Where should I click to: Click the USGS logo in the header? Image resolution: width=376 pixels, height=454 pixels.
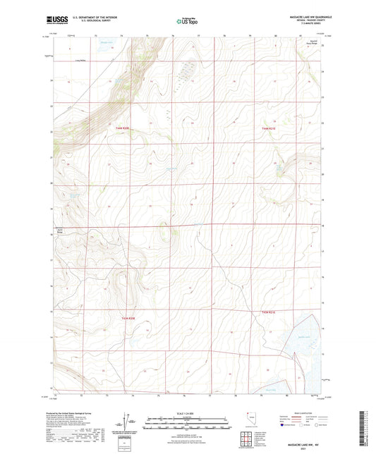coord(54,20)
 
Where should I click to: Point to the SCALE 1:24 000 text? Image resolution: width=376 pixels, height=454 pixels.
coord(187,413)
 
